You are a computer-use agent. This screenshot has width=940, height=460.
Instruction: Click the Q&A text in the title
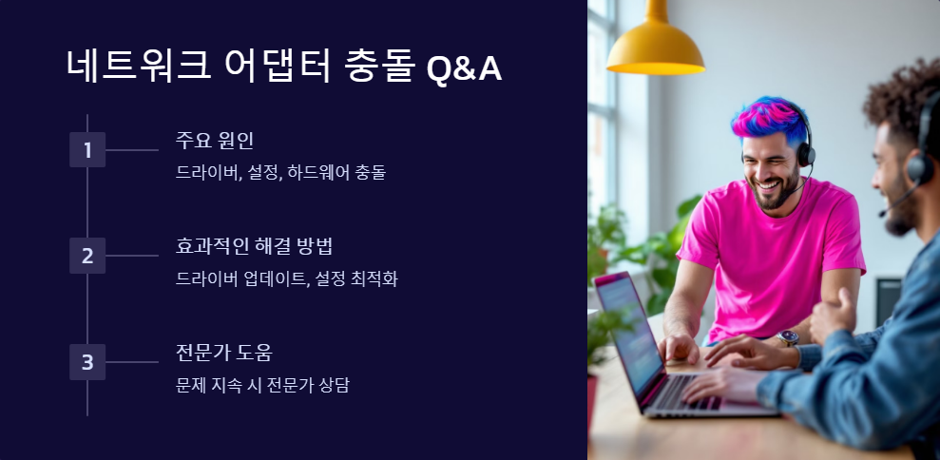[x=464, y=67]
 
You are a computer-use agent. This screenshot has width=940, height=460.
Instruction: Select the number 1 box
[x=87, y=150]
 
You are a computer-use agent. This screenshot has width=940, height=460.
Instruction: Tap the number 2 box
[x=87, y=256]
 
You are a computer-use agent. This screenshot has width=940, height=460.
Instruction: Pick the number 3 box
[x=87, y=362]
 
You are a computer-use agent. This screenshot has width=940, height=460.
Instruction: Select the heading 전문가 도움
[x=224, y=354]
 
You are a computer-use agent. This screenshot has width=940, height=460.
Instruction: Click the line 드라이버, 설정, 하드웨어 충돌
[x=280, y=173]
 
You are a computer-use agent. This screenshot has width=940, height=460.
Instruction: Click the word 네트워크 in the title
[x=134, y=67]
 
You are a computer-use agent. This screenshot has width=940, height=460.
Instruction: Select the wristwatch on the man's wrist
[x=787, y=337]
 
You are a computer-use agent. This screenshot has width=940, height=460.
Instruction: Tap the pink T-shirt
[x=770, y=257]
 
